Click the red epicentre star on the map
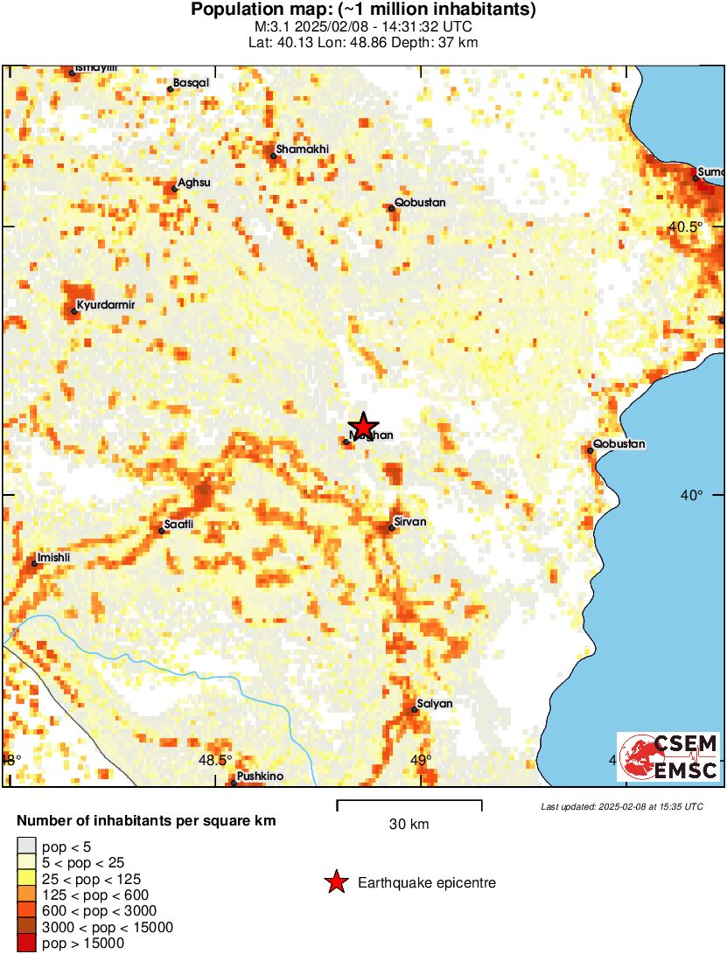click(x=362, y=424)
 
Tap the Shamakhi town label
click(x=302, y=150)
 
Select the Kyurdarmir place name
click(x=105, y=305)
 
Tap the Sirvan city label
click(x=410, y=522)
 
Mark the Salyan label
click(x=434, y=703)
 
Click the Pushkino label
click(x=260, y=776)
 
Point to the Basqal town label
click(x=191, y=82)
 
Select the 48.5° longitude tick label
click(x=215, y=759)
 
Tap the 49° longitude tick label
click(x=421, y=759)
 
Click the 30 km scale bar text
click(x=409, y=824)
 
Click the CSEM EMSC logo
click(x=668, y=757)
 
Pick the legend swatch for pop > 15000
click(x=27, y=943)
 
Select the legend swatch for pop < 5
click(x=27, y=845)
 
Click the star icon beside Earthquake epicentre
click(x=336, y=883)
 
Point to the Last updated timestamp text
click(x=621, y=805)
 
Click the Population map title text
click(x=363, y=10)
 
